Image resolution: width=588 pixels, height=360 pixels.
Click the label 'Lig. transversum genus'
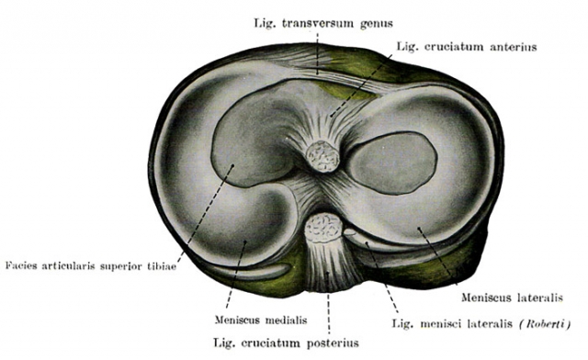click(323, 23)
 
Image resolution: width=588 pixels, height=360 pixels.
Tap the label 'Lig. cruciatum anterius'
click(467, 47)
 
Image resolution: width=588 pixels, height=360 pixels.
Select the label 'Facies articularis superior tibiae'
click(91, 266)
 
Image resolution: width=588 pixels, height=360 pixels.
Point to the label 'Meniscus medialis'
click(261, 320)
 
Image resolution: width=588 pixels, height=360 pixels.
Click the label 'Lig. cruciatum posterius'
click(286, 343)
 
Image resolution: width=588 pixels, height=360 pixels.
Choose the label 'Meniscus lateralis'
click(512, 298)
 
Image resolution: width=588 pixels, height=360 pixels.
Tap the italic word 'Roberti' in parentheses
click(546, 323)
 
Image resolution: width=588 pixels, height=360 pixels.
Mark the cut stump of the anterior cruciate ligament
click(322, 156)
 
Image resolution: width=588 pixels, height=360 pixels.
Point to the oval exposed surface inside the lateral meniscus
click(392, 163)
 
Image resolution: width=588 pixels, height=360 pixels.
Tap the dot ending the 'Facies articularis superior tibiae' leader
click(232, 165)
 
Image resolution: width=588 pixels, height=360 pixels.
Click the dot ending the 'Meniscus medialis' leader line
click(245, 242)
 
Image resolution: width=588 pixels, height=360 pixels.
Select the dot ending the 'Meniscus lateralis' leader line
click(419, 228)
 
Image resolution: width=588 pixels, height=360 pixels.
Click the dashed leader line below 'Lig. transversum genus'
click(317, 53)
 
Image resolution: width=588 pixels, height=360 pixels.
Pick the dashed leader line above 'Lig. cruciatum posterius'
click(328, 302)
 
